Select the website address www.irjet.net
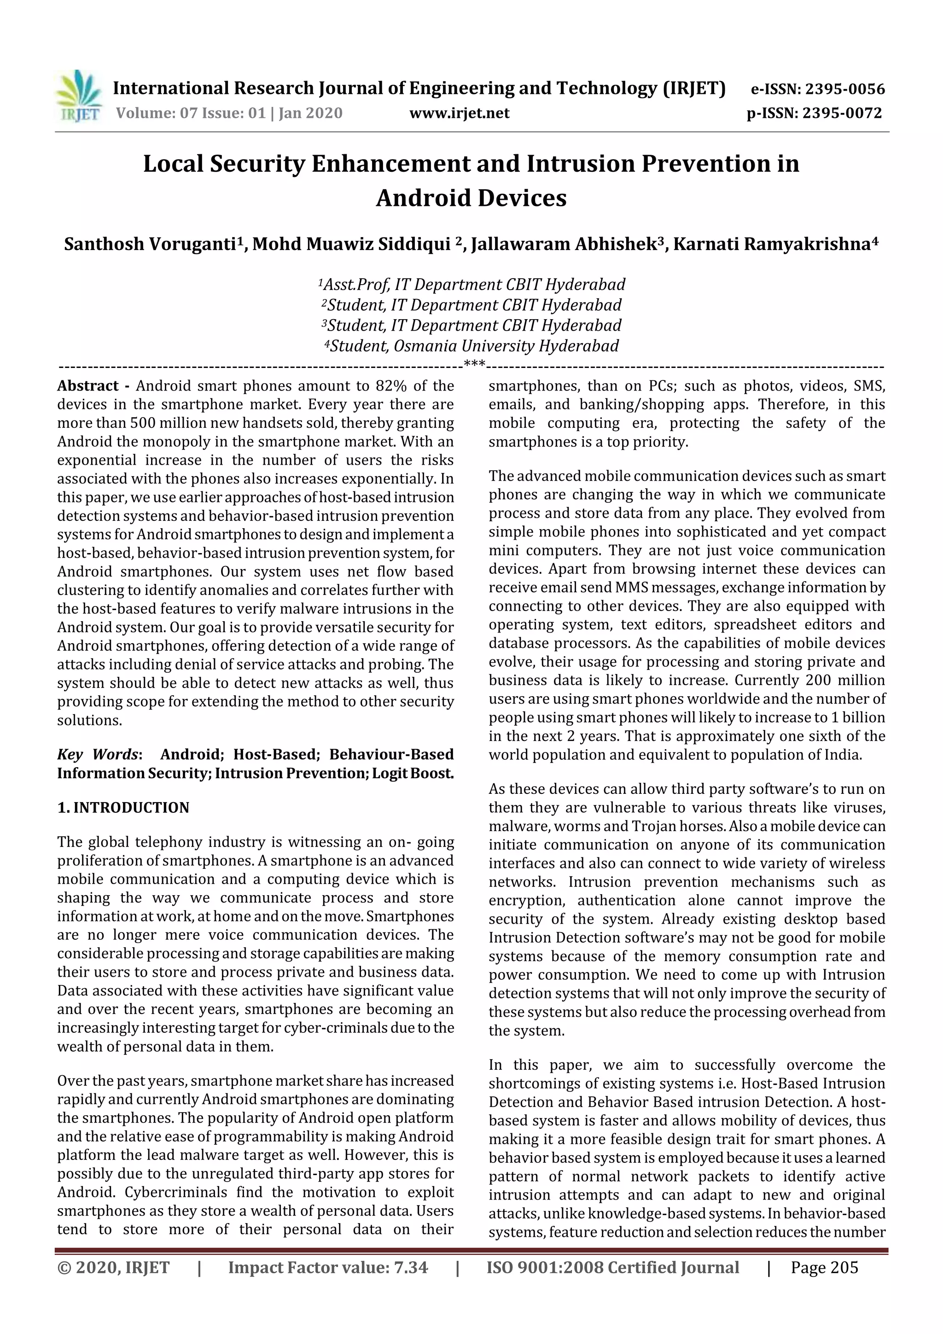click(x=459, y=113)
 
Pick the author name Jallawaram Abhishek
click(x=564, y=244)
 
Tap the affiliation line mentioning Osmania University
click(x=472, y=346)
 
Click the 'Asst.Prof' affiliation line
click(x=472, y=285)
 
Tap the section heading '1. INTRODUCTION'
click(x=123, y=808)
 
